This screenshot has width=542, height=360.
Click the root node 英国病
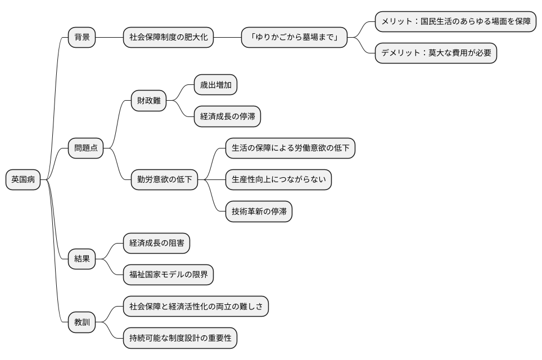click(x=23, y=180)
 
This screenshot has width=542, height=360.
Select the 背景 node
click(x=82, y=38)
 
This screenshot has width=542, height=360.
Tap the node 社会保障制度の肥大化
click(x=168, y=38)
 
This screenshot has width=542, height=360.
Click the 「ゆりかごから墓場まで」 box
click(x=294, y=38)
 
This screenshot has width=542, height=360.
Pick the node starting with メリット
click(x=456, y=22)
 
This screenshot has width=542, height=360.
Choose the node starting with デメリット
click(x=436, y=53)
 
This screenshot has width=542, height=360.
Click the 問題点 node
click(x=85, y=148)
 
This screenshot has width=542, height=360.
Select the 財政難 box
click(x=148, y=101)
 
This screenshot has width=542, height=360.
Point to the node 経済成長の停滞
click(x=227, y=116)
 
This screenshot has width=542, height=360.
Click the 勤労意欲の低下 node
click(x=164, y=180)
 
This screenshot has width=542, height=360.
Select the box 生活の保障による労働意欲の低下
click(x=290, y=148)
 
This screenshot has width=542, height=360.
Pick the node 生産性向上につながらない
click(x=278, y=180)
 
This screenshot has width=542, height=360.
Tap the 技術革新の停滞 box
click(x=259, y=211)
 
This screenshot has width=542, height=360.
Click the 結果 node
click(x=82, y=259)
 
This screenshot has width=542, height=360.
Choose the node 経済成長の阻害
click(x=156, y=243)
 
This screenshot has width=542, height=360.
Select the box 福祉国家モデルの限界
click(x=168, y=274)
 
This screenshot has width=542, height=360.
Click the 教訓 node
click(x=82, y=322)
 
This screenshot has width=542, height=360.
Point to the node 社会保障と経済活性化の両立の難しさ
click(x=196, y=307)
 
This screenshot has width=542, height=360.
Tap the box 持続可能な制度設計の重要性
click(x=180, y=338)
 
